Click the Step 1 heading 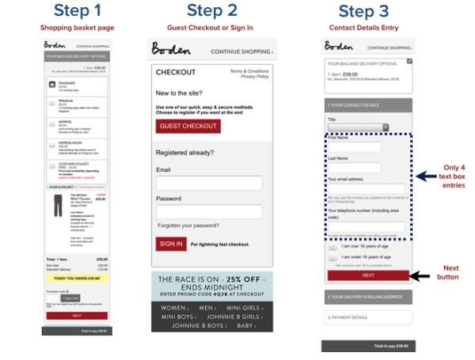pyautogui.click(x=77, y=11)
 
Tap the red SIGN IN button pyautogui.click(x=170, y=244)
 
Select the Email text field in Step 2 pyautogui.click(x=209, y=184)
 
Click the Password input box pyautogui.click(x=209, y=212)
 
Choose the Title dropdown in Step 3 pyautogui.click(x=358, y=127)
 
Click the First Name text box pyautogui.click(x=354, y=147)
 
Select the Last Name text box pyautogui.click(x=354, y=167)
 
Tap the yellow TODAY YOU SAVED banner pyautogui.click(x=77, y=279)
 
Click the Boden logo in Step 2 pyautogui.click(x=171, y=51)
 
